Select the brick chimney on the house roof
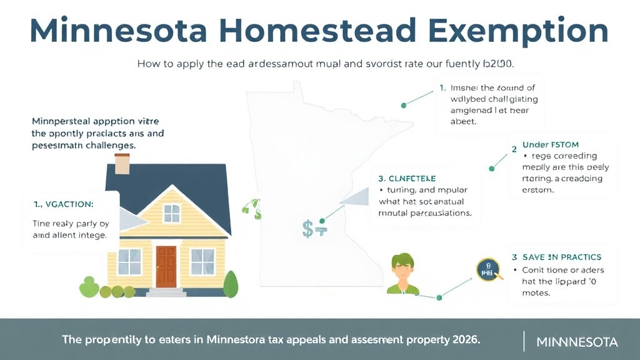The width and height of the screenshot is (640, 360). pyautogui.click(x=122, y=164)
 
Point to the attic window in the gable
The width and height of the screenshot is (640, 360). pyautogui.click(x=172, y=213)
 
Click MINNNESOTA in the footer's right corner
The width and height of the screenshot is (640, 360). pyautogui.click(x=577, y=342)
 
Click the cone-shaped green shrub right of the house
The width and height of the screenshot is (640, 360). pyautogui.click(x=231, y=285)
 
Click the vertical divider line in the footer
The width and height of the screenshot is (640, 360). pyautogui.click(x=523, y=341)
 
